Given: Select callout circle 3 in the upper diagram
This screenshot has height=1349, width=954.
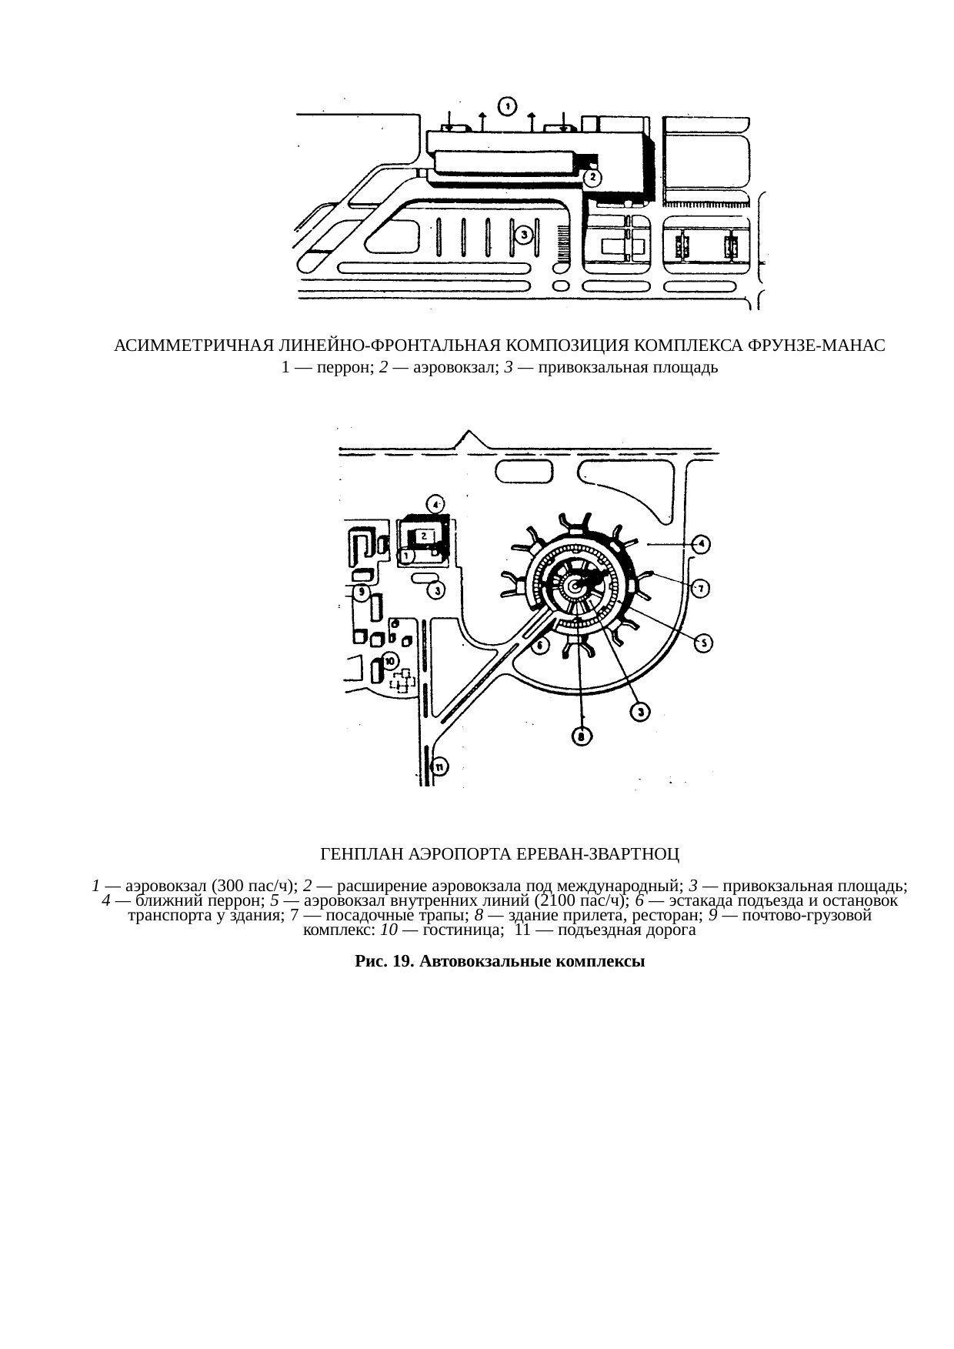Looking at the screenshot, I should pyautogui.click(x=523, y=235).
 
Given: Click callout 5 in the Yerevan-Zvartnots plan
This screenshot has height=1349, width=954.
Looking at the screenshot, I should pyautogui.click(x=703, y=644).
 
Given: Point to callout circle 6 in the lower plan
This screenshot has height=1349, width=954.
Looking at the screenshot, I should pyautogui.click(x=540, y=645).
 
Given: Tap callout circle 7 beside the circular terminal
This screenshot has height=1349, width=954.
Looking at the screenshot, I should pyautogui.click(x=700, y=589).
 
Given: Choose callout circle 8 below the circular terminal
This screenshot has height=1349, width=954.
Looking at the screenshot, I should pyautogui.click(x=581, y=736).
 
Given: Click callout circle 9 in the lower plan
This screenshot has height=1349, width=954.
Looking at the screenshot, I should pyautogui.click(x=362, y=593).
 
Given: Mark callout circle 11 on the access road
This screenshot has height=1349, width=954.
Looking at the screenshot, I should pyautogui.click(x=439, y=766).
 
